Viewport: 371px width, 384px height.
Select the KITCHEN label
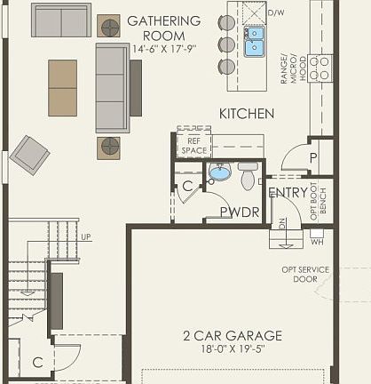coord(247,114)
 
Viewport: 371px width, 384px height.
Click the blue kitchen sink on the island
coord(255,40)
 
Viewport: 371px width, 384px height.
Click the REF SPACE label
coord(193,146)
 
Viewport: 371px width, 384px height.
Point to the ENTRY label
coord(287,191)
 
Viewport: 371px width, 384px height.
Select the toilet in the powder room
coord(248,178)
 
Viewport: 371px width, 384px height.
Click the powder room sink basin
coord(220,172)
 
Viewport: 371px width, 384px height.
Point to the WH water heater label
coord(317,241)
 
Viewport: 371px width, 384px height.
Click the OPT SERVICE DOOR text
coord(305,274)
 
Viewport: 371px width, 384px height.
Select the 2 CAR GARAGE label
coord(233,335)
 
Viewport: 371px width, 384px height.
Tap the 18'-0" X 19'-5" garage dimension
coord(233,349)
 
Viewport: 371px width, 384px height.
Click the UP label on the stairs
coord(85,237)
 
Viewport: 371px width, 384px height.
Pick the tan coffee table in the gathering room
coord(62,87)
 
